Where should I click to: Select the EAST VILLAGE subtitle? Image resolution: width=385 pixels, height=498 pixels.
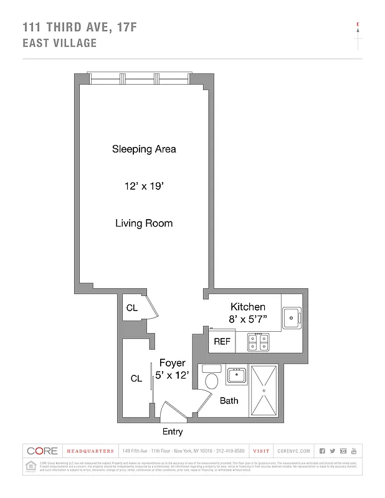click(x=59, y=43)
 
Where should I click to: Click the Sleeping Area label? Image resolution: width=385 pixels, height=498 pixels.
click(x=144, y=149)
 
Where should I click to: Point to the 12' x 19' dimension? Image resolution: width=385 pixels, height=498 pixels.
click(x=144, y=186)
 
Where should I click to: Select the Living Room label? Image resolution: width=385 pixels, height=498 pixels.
click(x=144, y=223)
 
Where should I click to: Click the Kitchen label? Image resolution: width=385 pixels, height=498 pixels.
click(x=248, y=307)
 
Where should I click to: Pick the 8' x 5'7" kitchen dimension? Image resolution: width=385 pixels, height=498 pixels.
click(x=248, y=320)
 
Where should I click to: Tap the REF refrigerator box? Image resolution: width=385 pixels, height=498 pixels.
click(x=222, y=341)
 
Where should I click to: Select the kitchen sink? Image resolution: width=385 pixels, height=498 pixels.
click(x=291, y=317)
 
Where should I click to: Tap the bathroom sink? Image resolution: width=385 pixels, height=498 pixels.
click(x=237, y=375)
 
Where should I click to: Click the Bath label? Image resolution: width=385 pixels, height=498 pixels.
click(x=229, y=401)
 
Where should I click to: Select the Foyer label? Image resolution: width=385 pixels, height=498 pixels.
click(x=172, y=363)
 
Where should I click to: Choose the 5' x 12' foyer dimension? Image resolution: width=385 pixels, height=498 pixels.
click(x=172, y=376)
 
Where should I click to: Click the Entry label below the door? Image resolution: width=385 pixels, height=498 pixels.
click(x=172, y=431)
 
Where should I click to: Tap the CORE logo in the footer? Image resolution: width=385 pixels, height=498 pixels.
click(x=42, y=451)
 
